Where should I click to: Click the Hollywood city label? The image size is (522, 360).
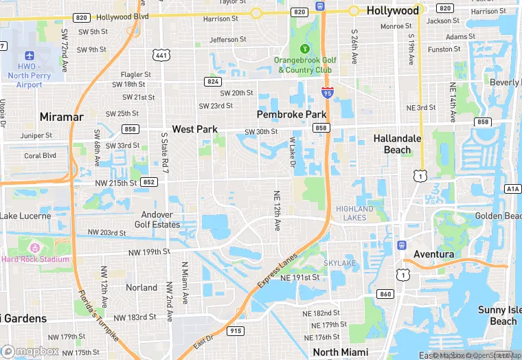pos(392,10)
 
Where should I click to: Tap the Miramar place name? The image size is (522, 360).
pos(61,117)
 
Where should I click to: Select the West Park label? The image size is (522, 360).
pos(194,129)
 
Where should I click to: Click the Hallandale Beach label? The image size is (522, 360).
pos(397,144)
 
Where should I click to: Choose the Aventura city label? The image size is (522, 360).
pos(433,254)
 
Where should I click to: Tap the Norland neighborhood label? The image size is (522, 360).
pos(141,287)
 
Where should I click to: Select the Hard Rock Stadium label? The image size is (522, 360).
pos(35,259)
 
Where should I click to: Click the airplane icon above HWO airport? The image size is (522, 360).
pos(29,55)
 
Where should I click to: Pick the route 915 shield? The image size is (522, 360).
pos(236,331)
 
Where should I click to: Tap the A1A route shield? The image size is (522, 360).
pos(512,188)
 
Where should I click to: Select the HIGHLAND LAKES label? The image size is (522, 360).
pos(355,213)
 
